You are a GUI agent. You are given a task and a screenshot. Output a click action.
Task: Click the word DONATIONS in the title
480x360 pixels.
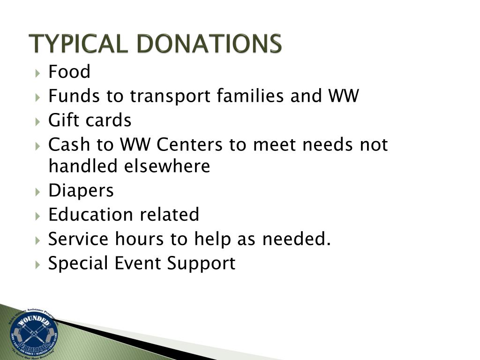pos(210,44)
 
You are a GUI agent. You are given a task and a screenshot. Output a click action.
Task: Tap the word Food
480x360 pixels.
pos(69,72)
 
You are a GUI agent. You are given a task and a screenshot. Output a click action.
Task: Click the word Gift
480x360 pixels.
pos(64,120)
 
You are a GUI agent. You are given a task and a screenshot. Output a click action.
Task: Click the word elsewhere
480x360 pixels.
pos(167,166)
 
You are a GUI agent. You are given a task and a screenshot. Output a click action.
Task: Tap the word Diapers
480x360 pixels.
pos(81,191)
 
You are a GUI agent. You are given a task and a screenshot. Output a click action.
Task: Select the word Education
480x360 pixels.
pos(91,215)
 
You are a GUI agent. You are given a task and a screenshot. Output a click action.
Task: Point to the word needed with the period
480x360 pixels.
pos(297,239)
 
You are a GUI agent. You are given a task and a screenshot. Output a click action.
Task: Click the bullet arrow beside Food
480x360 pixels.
pos(38,73)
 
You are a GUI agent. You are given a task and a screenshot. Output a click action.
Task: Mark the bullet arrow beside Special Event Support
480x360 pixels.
pos(38,264)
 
